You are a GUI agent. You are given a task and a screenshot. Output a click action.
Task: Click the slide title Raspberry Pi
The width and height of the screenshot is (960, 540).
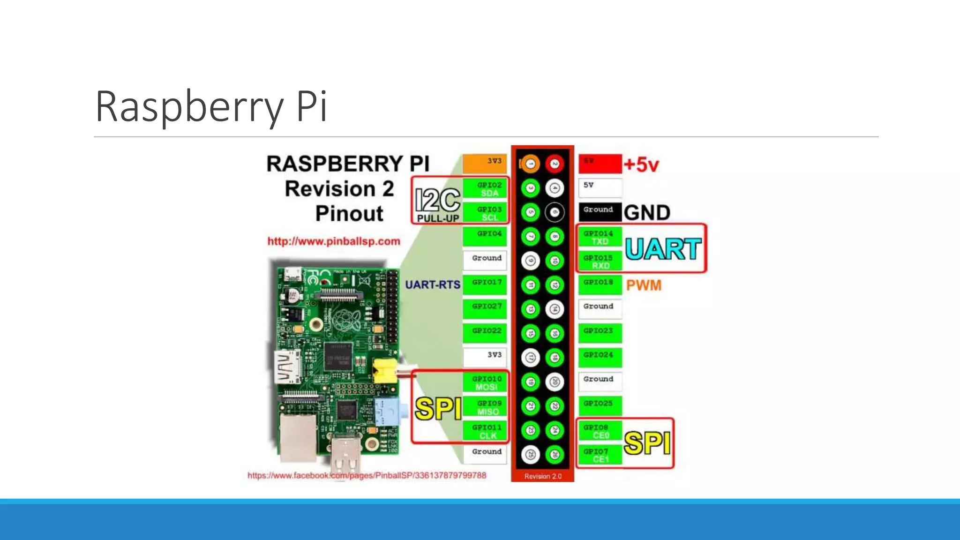(x=211, y=107)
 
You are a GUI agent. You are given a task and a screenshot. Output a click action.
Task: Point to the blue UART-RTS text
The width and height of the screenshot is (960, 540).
(x=432, y=285)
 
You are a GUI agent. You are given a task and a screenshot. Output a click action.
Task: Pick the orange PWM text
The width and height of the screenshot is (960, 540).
(x=644, y=285)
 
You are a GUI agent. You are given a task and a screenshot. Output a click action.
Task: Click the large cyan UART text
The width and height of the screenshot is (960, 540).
(x=663, y=249)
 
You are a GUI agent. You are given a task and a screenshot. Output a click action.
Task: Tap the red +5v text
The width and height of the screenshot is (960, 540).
(x=641, y=165)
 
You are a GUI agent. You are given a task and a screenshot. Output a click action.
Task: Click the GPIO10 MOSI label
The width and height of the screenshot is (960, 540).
(x=486, y=382)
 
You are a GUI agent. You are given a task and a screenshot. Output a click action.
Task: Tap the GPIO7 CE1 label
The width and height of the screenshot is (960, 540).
(x=600, y=455)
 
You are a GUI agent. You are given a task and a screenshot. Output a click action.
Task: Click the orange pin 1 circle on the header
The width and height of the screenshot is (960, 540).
(x=530, y=164)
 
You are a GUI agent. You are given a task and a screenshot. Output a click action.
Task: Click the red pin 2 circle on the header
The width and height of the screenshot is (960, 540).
(x=555, y=164)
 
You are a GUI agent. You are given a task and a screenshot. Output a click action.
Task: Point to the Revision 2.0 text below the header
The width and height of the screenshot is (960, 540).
(x=542, y=476)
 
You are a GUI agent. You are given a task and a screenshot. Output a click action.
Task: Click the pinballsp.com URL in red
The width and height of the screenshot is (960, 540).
(x=334, y=241)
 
